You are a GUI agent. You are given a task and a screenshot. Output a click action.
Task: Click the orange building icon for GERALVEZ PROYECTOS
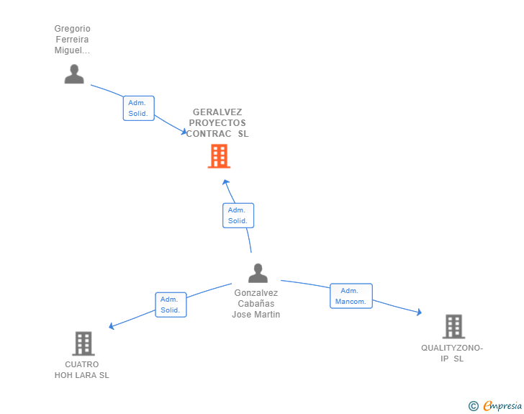point(219,156)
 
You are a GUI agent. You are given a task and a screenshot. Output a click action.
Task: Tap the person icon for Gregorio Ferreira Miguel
point(74,74)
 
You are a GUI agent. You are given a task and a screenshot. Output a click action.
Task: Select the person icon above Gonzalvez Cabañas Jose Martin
point(258,273)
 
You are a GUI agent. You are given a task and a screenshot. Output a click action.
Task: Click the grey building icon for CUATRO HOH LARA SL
point(83,343)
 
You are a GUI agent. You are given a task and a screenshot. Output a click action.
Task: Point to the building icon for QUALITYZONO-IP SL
point(453,326)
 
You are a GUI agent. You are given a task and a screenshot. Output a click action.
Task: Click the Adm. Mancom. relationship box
point(351,296)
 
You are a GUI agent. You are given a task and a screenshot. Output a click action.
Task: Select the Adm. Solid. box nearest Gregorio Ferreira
point(139,108)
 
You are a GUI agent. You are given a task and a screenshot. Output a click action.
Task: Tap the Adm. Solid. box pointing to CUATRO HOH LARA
point(171,305)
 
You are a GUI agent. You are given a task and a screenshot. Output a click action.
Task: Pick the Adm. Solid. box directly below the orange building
point(238,215)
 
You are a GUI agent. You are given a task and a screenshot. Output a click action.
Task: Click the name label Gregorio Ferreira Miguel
point(72,40)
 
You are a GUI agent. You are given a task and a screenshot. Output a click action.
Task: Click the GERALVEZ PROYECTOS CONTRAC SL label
point(217,122)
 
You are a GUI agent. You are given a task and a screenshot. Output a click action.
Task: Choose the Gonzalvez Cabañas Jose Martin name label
point(256,304)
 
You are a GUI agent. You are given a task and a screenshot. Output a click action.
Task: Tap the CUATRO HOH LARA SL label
point(82,370)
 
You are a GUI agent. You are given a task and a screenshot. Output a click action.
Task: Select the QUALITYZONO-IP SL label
point(452,353)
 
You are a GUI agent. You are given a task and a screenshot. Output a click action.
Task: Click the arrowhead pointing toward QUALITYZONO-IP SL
point(419,312)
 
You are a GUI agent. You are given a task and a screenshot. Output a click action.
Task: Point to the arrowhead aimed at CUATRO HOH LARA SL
point(112,325)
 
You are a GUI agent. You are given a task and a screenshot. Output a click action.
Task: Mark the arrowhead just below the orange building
point(225,182)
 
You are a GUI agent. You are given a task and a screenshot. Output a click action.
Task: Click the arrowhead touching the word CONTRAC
point(184,132)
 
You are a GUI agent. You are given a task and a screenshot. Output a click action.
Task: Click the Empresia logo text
point(502,405)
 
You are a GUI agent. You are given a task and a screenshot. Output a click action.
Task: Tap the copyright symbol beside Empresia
point(474,406)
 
